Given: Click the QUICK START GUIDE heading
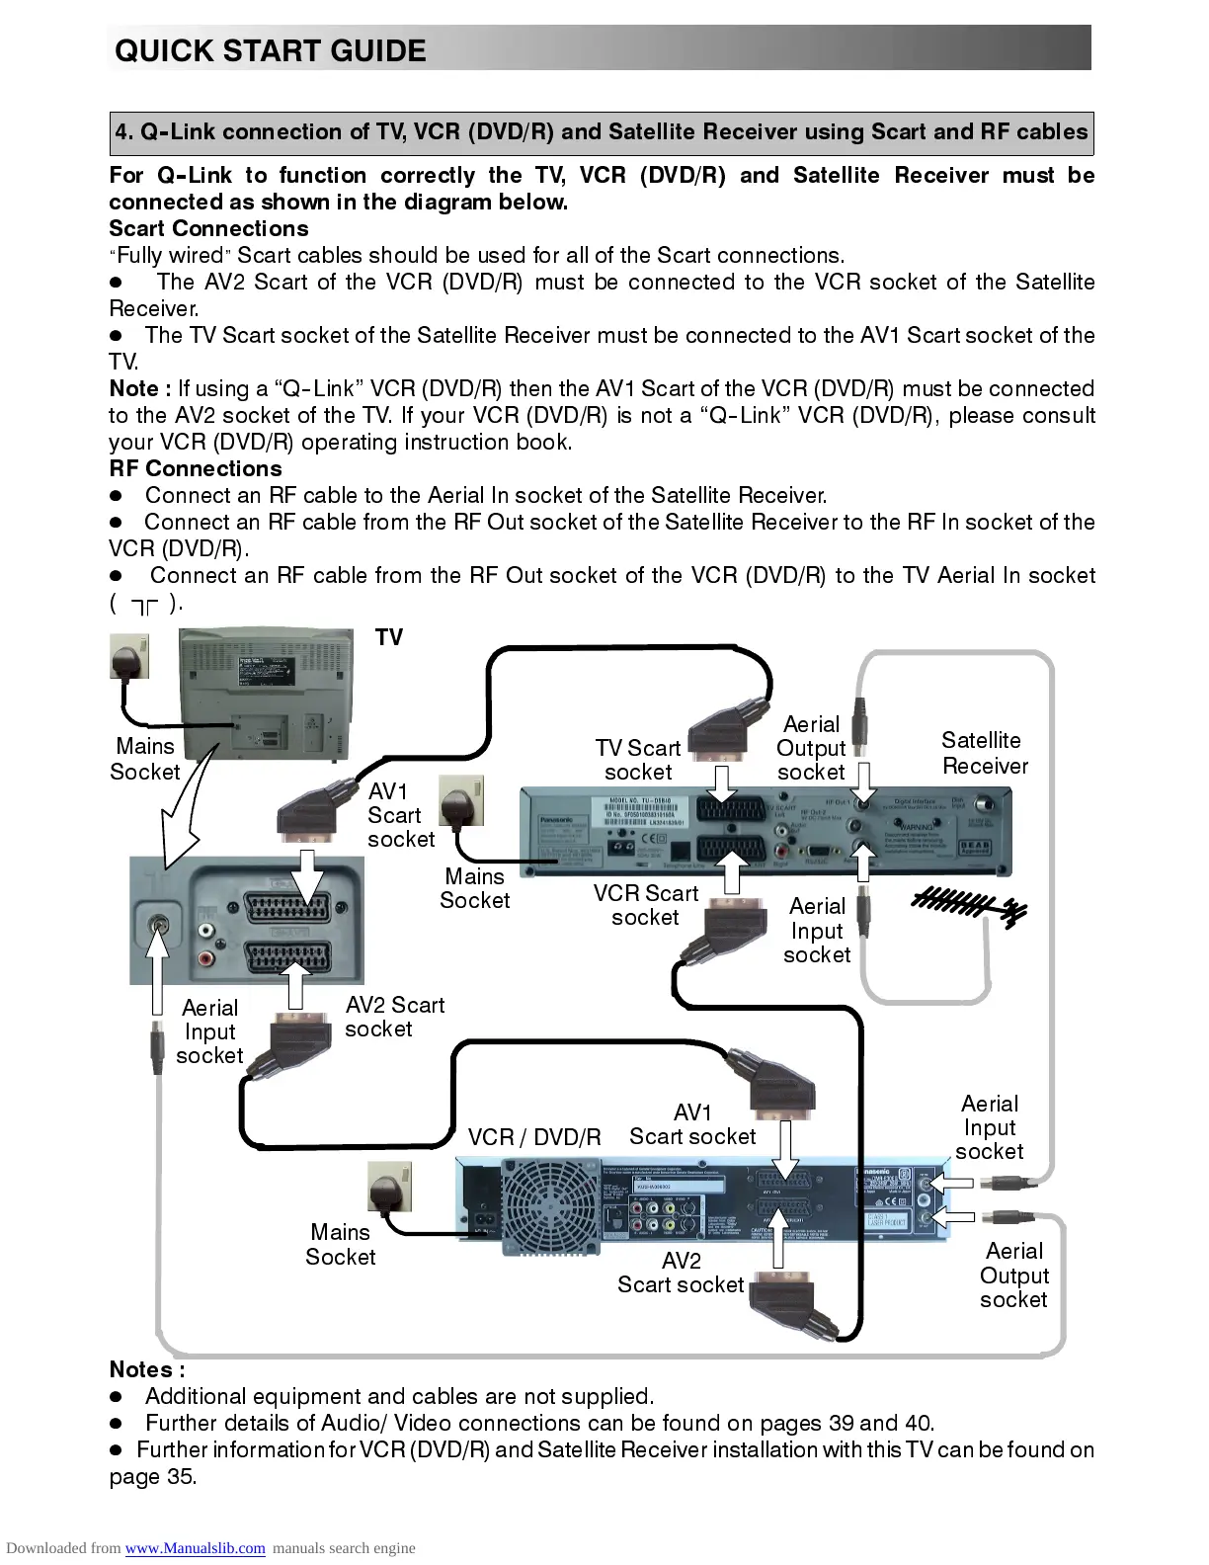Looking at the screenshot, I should coord(270,50).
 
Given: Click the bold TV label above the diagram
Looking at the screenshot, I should coord(389,637).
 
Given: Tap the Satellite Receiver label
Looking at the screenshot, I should coord(984,753).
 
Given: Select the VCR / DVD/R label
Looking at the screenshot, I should coord(534,1137).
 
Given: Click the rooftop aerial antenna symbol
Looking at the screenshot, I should coord(969,904).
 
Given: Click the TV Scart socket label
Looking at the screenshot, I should coord(638,760).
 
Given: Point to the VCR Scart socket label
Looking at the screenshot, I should coord(645,905).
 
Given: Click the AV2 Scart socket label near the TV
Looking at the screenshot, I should coord(393,1017).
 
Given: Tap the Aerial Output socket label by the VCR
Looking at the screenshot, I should coord(1013,1276).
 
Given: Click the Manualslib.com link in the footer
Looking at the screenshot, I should coord(195,1548).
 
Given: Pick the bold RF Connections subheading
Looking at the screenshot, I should coord(196,468).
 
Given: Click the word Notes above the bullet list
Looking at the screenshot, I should coord(146,1369).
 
